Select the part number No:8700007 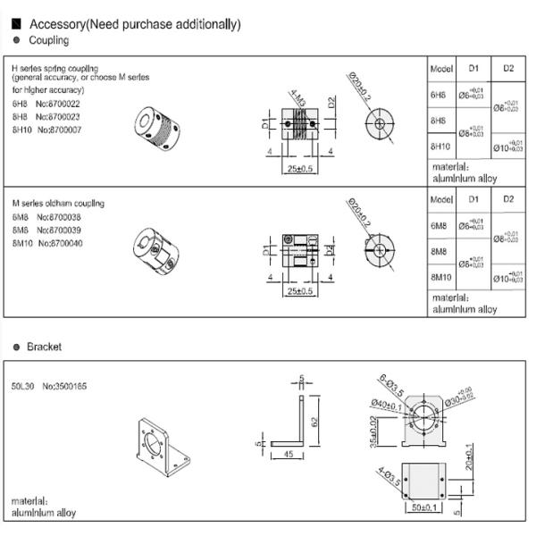[61, 130]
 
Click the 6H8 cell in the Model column [439, 94]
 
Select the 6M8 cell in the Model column [439, 227]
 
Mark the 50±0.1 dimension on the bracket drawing [419, 508]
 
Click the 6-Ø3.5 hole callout [390, 387]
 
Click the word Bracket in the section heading [44, 347]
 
